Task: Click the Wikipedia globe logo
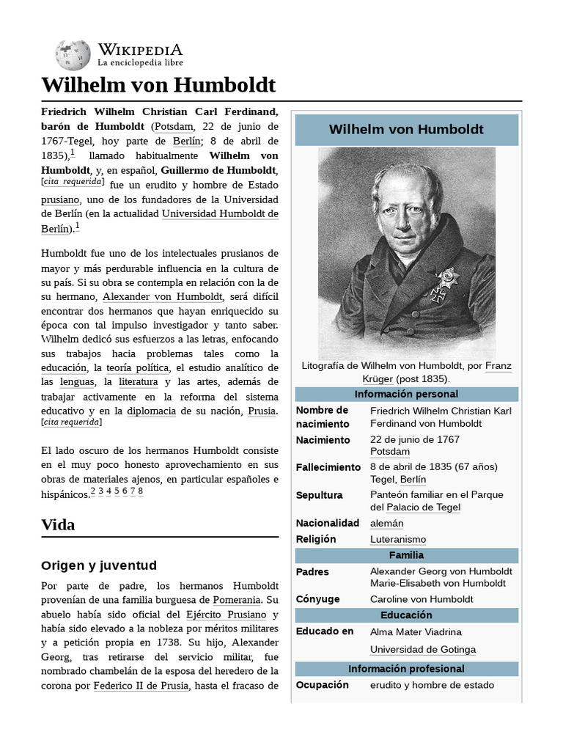72,56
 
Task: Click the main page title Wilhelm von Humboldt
158,85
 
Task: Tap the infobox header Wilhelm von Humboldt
406,130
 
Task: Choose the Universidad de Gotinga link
422,649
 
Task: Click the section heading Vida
58,525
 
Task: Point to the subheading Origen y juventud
99,565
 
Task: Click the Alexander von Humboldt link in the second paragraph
162,297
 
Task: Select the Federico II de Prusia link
141,686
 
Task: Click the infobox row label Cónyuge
317,599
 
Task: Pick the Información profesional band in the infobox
406,669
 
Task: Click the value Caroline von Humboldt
422,599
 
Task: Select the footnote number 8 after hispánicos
140,491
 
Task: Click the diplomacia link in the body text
151,411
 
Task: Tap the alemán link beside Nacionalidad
386,523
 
